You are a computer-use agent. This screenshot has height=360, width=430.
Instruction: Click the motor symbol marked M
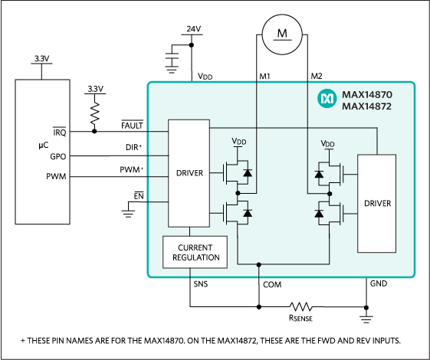[280, 31]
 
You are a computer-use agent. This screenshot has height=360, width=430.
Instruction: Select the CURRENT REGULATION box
[195, 252]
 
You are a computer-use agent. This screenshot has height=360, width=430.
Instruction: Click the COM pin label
[273, 283]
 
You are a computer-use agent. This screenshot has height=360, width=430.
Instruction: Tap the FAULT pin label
[133, 124]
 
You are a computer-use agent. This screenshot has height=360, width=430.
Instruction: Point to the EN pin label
[139, 196]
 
